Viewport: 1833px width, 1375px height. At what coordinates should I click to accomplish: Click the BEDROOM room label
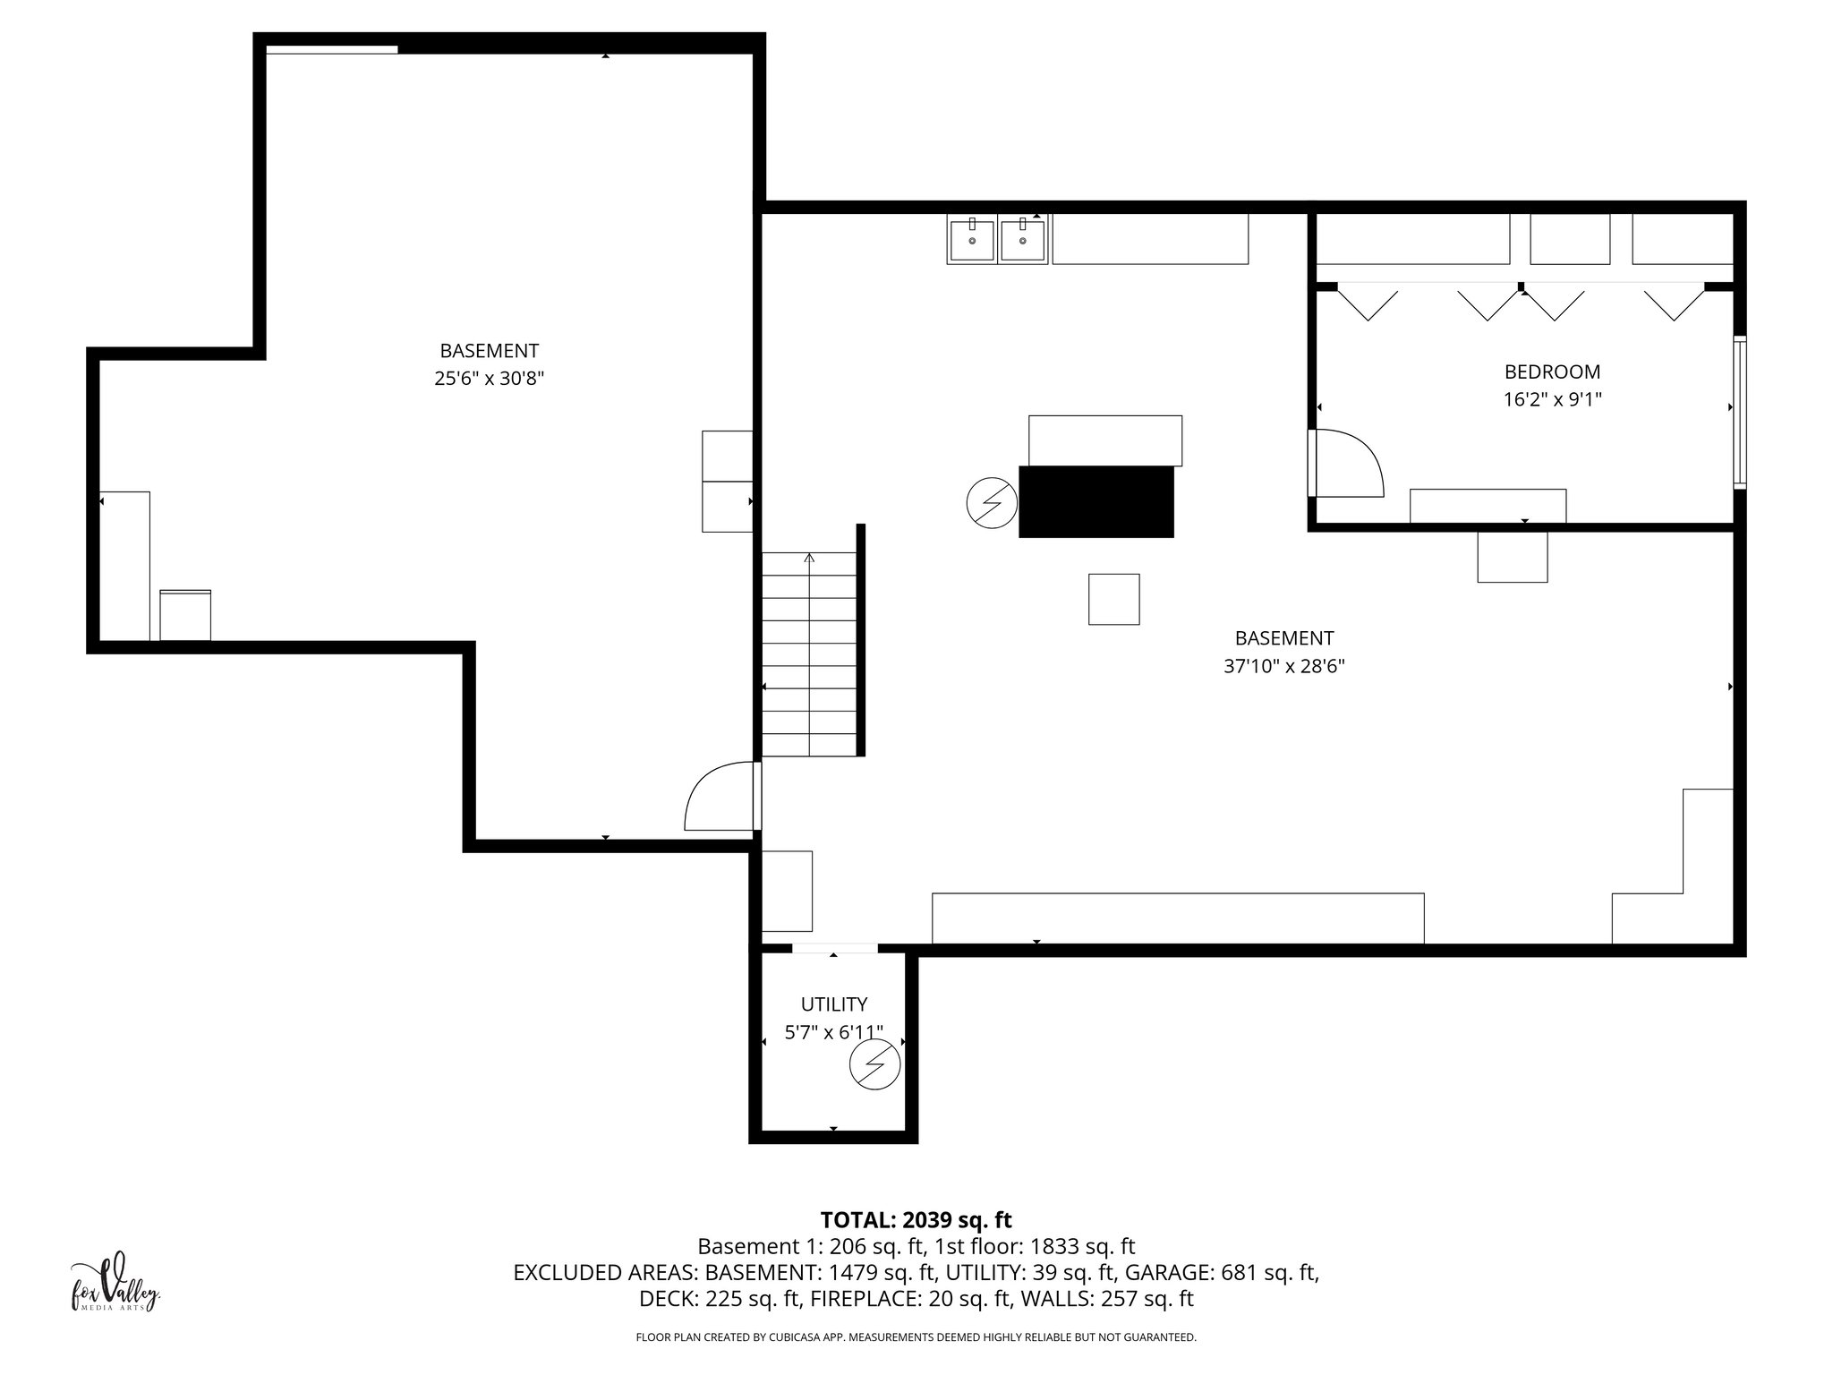pyautogui.click(x=1552, y=372)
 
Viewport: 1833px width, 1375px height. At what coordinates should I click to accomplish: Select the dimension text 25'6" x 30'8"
pyautogui.click(x=489, y=379)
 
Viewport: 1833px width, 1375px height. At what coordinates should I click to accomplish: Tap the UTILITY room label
pyautogui.click(x=833, y=1004)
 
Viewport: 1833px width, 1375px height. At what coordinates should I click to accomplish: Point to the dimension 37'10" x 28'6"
pyautogui.click(x=1283, y=666)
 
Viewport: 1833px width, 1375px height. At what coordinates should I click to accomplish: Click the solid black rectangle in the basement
pyautogui.click(x=1096, y=501)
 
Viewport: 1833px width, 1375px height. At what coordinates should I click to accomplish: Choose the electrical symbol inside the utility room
pyautogui.click(x=874, y=1064)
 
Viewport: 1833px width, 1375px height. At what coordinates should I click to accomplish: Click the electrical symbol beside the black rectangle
pyautogui.click(x=992, y=503)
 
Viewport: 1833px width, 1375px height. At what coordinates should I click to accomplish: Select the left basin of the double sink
pyautogui.click(x=972, y=241)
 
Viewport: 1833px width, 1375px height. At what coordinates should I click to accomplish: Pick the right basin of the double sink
pyautogui.click(x=1022, y=241)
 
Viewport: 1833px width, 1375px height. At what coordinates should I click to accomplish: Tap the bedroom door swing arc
pyautogui.click(x=1351, y=461)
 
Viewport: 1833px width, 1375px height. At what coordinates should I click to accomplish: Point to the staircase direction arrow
pyautogui.click(x=809, y=559)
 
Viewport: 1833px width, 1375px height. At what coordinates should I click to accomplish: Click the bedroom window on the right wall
pyautogui.click(x=1739, y=413)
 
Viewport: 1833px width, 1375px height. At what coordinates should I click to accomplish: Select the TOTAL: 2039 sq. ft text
pyautogui.click(x=916, y=1220)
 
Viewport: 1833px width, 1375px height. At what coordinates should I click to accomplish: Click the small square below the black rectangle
pyautogui.click(x=1113, y=599)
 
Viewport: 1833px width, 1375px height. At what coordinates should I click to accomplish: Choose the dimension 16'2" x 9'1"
pyautogui.click(x=1552, y=399)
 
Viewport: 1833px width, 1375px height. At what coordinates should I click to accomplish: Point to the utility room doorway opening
pyautogui.click(x=834, y=948)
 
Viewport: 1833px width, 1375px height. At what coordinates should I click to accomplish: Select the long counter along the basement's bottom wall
pyautogui.click(x=1177, y=918)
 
